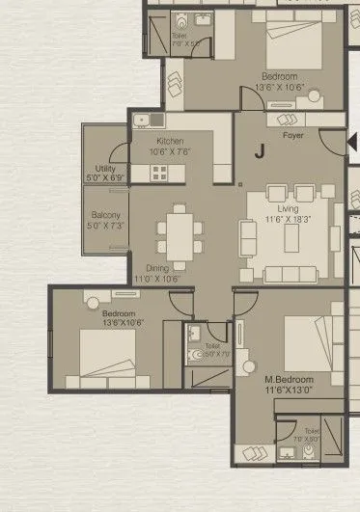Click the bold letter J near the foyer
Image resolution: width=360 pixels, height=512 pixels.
(260, 150)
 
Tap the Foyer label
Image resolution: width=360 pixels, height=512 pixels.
(292, 136)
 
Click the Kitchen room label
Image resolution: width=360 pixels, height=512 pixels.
(170, 141)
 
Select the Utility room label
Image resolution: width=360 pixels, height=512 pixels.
(105, 168)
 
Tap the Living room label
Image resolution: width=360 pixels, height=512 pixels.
(287, 208)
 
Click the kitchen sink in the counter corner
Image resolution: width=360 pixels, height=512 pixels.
(143, 121)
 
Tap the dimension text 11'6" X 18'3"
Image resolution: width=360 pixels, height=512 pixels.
(289, 221)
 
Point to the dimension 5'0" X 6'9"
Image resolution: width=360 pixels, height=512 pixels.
(105, 178)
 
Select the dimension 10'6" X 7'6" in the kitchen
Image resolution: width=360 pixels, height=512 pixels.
(170, 151)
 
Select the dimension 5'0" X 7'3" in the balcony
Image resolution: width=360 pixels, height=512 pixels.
(105, 225)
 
